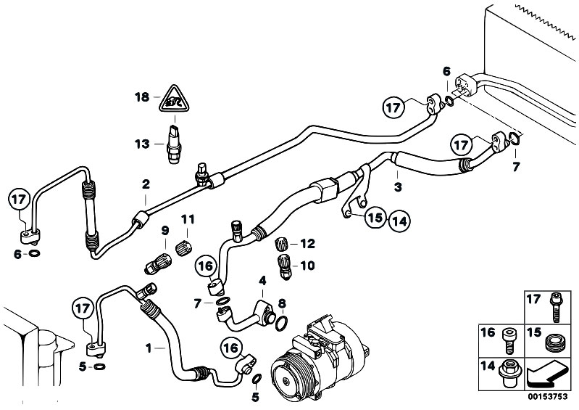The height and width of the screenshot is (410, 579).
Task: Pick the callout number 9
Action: [165, 230]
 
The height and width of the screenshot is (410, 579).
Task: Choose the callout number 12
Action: [307, 244]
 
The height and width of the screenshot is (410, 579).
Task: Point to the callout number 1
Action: [149, 348]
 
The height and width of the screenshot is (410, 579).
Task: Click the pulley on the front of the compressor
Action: [284, 372]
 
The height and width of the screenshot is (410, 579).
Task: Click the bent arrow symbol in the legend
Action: [544, 374]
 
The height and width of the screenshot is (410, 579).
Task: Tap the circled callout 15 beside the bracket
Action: [375, 216]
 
